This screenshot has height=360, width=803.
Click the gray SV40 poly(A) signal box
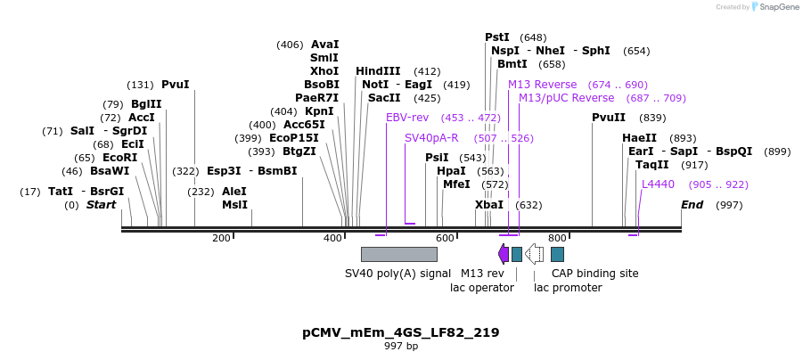tap(398, 255)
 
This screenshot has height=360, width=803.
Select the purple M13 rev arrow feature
tap(504, 255)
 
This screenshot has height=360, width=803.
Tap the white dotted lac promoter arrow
tap(535, 255)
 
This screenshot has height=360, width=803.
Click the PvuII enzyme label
tap(609, 118)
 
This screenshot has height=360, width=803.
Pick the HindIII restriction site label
tap(378, 71)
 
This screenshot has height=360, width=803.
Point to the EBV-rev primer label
tap(407, 118)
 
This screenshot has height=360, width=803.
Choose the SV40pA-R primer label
tap(431, 138)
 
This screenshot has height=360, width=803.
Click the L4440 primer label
tap(658, 184)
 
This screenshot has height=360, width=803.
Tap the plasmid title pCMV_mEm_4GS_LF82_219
tap(401, 332)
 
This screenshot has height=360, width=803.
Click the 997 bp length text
tap(401, 346)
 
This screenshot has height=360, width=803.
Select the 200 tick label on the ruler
tap(221, 238)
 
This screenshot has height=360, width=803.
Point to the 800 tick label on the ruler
tap(557, 238)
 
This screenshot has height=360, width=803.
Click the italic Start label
tap(101, 205)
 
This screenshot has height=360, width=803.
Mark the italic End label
tap(692, 205)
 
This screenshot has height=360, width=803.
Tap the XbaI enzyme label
tap(489, 205)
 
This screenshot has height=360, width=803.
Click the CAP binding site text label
tap(594, 274)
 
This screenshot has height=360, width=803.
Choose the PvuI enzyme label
tap(176, 85)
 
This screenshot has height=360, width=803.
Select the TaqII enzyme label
tap(651, 165)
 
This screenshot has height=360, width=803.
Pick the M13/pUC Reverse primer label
tap(566, 98)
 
